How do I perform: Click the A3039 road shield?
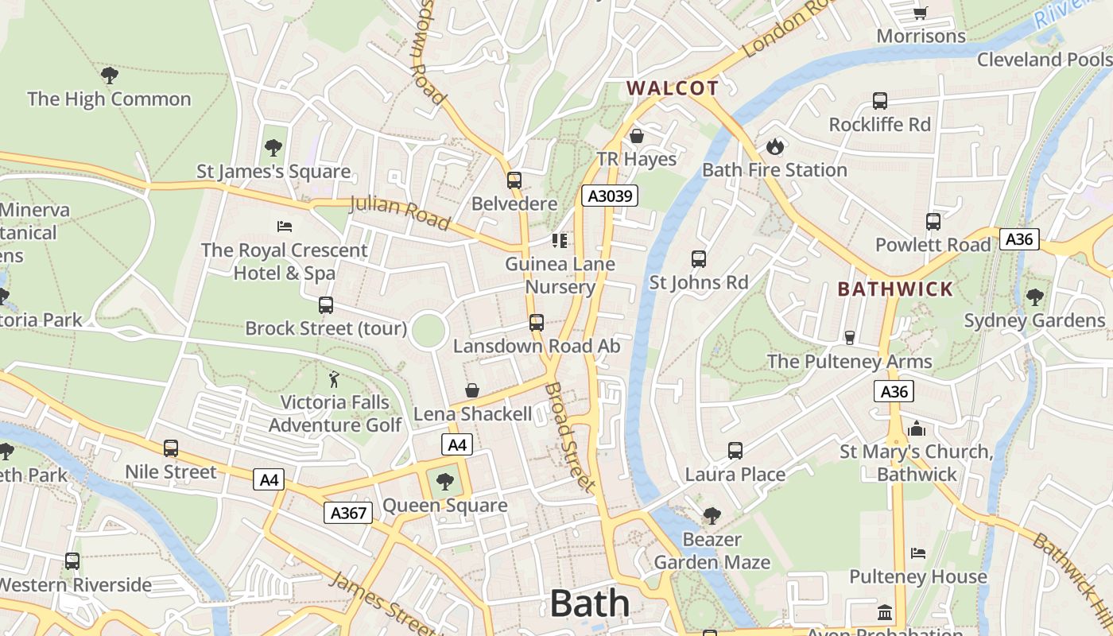(x=610, y=196)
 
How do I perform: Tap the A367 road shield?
(x=348, y=513)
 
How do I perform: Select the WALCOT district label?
(x=673, y=88)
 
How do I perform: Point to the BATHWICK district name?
(x=895, y=289)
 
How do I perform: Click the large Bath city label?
(x=590, y=603)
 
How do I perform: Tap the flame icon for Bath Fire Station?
(x=774, y=146)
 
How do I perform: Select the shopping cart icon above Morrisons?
(x=921, y=12)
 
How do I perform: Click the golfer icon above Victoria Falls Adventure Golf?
(x=335, y=379)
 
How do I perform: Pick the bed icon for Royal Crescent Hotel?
(x=284, y=227)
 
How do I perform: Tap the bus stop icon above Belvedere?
(x=514, y=180)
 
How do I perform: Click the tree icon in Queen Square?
(x=445, y=481)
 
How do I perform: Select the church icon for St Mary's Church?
(x=917, y=429)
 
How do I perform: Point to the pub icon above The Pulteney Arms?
(x=849, y=338)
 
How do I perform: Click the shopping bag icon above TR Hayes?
(x=636, y=136)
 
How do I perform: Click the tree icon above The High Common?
(x=110, y=76)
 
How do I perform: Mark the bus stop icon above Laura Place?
(x=735, y=451)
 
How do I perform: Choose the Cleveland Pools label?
(x=1044, y=60)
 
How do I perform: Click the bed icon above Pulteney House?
(x=918, y=553)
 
